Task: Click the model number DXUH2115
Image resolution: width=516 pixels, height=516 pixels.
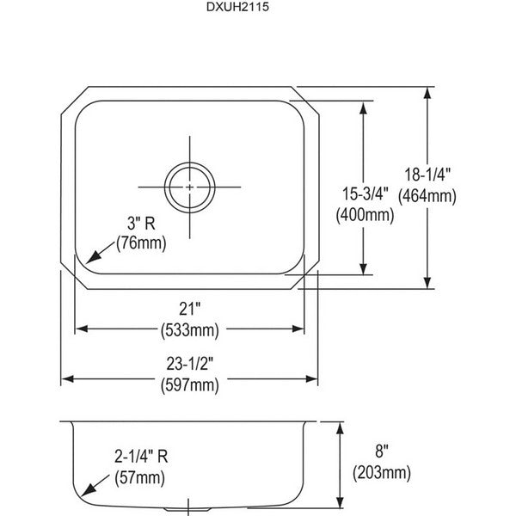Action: click(237, 7)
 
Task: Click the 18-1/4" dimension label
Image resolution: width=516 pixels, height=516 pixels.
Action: click(427, 175)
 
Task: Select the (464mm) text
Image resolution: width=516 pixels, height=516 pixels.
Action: click(427, 196)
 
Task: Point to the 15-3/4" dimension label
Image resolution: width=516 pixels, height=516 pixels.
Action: click(365, 193)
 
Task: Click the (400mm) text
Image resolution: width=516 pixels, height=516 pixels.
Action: click(365, 216)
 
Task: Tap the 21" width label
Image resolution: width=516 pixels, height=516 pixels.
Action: click(189, 309)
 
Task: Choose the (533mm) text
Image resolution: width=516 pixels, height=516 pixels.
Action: click(189, 330)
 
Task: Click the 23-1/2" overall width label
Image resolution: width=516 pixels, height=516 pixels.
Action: click(189, 364)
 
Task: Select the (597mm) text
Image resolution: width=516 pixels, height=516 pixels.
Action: click(189, 385)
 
